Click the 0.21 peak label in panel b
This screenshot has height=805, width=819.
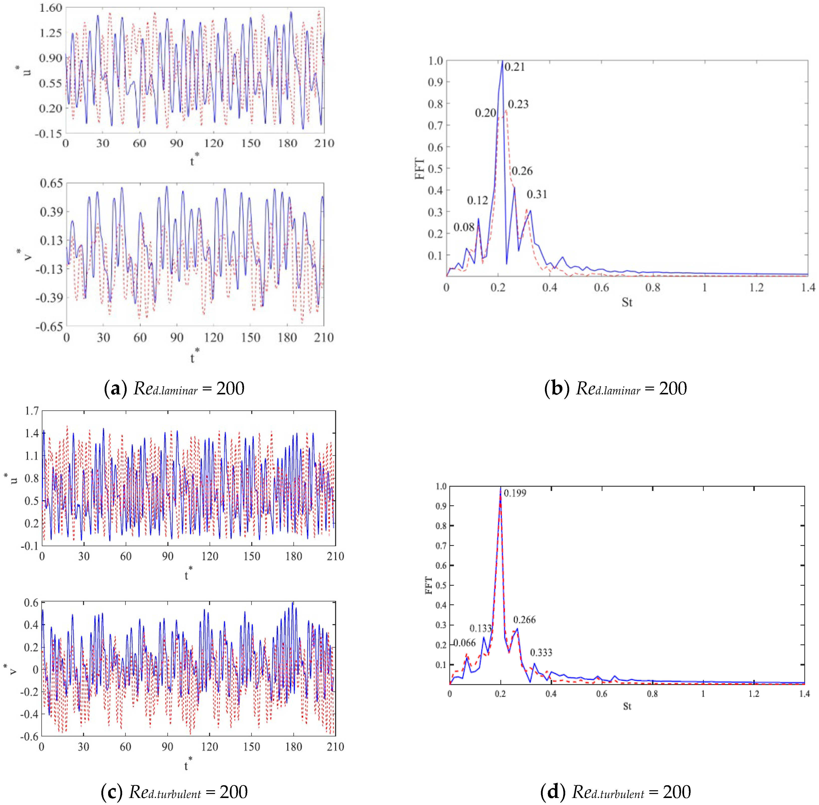pos(515,67)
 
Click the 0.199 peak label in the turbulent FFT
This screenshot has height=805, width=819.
pos(515,493)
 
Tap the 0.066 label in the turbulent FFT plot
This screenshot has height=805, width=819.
pos(465,643)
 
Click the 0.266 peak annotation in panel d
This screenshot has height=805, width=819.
pos(524,620)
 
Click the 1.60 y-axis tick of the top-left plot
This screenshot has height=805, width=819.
pos(51,8)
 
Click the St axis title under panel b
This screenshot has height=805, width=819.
pos(627,302)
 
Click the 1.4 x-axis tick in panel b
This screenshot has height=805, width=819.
pos(807,288)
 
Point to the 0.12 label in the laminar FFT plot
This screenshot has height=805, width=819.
pos(477,200)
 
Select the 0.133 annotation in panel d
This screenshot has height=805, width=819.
pos(480,628)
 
